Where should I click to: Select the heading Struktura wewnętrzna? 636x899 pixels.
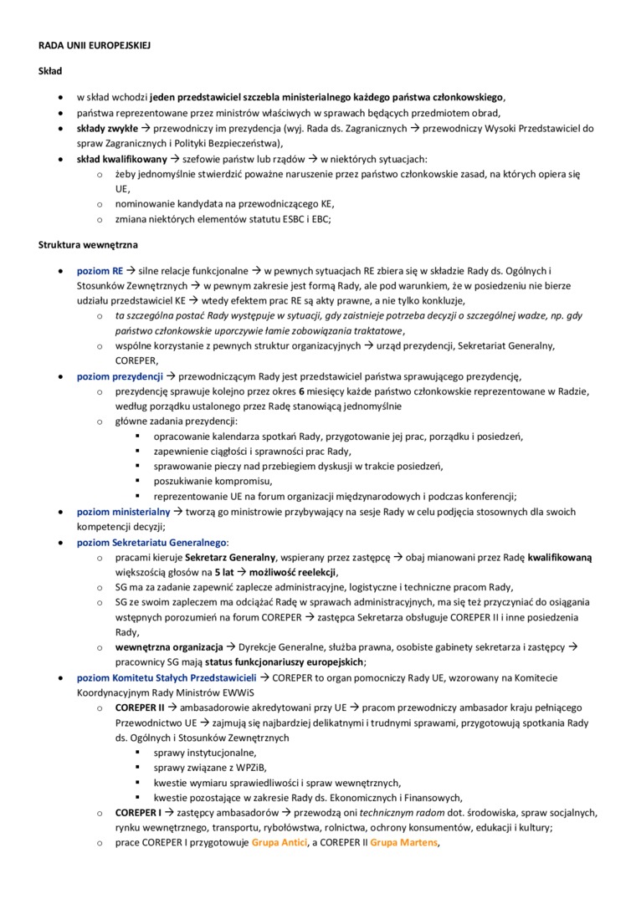(x=89, y=244)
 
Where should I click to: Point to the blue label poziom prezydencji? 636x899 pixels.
(x=120, y=376)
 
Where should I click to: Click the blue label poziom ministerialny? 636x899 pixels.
(x=123, y=511)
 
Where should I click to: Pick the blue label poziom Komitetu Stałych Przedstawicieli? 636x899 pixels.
(x=166, y=677)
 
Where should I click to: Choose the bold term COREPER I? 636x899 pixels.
(x=138, y=812)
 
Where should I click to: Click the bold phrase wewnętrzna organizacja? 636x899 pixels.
(x=169, y=647)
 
